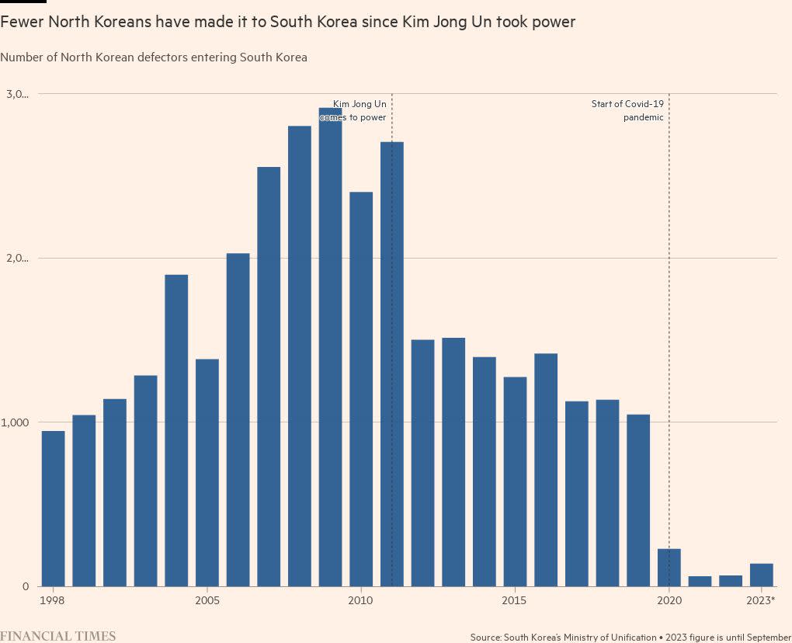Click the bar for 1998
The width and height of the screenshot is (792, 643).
54,509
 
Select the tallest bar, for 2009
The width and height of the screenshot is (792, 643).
330,349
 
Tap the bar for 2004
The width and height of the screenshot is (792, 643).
176,431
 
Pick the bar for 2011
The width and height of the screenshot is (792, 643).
392,365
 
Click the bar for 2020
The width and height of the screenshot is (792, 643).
669,568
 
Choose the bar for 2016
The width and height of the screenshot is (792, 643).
546,470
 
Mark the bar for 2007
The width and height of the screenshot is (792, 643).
269,377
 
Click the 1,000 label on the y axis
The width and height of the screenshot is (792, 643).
16,422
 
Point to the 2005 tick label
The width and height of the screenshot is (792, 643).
207,600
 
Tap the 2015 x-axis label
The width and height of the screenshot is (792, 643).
514,600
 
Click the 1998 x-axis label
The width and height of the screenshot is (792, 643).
54,600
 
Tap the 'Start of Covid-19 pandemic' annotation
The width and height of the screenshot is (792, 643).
627,110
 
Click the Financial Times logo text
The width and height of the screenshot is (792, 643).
58,636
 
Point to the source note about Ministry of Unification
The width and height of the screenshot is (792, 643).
630,637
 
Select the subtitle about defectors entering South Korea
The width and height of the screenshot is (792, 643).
154,57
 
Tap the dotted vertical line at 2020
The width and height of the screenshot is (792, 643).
669,311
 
